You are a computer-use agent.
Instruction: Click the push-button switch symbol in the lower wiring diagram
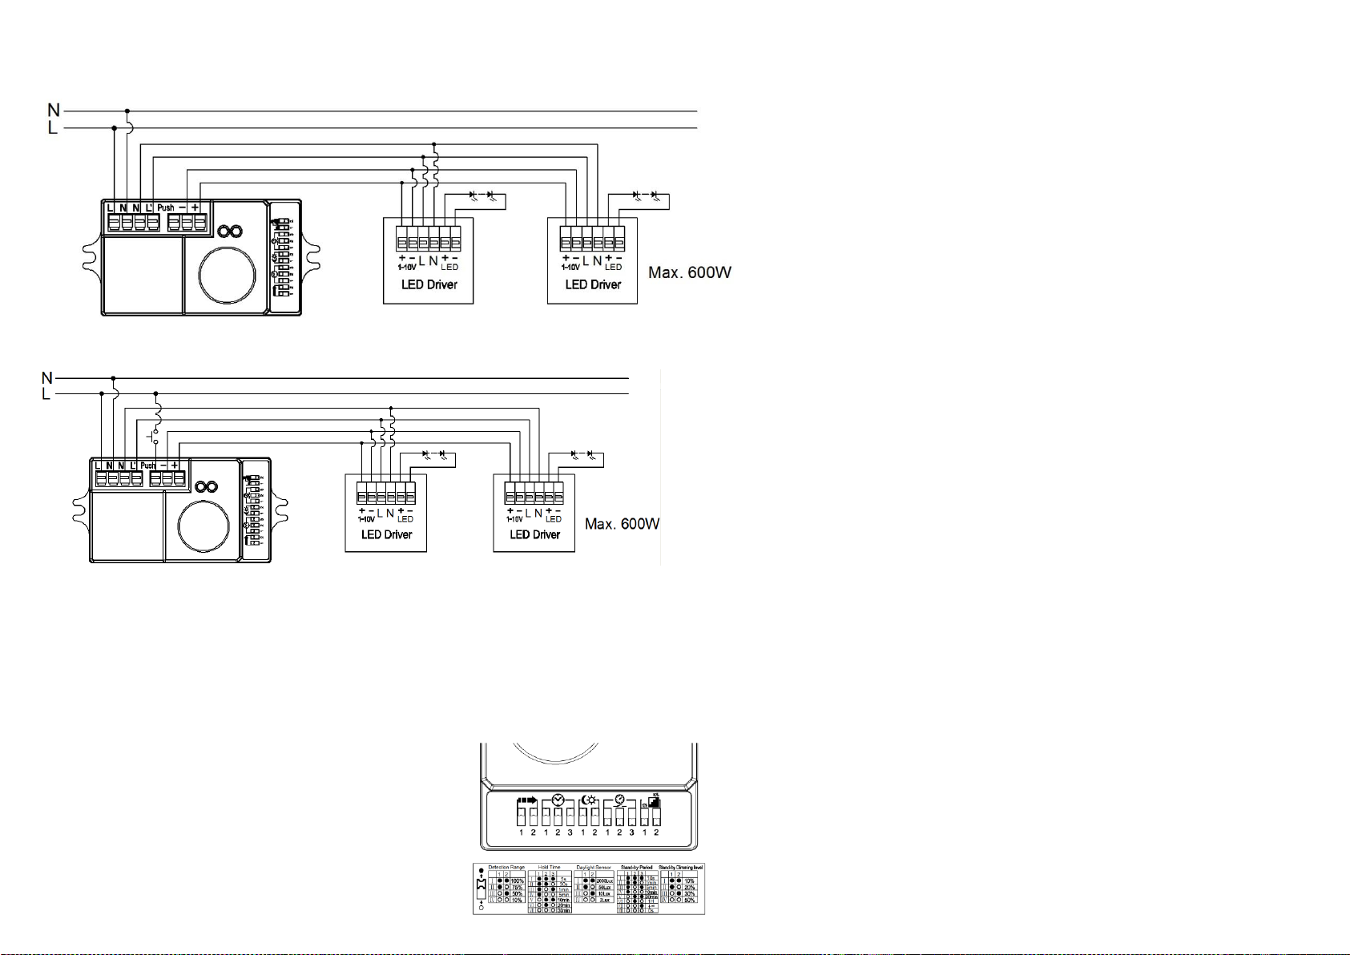point(155,437)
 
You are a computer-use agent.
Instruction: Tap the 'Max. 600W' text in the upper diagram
point(689,273)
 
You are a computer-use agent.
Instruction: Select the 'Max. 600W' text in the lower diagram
point(622,524)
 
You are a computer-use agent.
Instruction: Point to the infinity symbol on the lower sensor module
point(207,487)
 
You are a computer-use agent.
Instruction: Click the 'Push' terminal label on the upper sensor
point(165,208)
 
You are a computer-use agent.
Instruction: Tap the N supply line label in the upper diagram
point(54,110)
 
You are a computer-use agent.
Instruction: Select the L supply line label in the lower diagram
point(46,394)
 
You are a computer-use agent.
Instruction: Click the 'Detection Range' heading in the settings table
point(506,868)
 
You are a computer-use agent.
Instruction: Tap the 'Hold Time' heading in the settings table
point(550,868)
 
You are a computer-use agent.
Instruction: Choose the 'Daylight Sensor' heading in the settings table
point(593,868)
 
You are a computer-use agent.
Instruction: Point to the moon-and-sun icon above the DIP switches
point(589,800)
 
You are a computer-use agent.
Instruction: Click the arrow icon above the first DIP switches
point(527,800)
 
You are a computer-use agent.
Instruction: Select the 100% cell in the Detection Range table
point(517,880)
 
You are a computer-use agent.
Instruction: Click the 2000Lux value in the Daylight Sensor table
point(605,880)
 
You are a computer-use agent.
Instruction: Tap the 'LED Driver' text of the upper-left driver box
point(429,284)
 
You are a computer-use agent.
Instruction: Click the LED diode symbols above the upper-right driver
point(645,195)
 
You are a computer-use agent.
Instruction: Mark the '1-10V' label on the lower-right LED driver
point(514,519)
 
